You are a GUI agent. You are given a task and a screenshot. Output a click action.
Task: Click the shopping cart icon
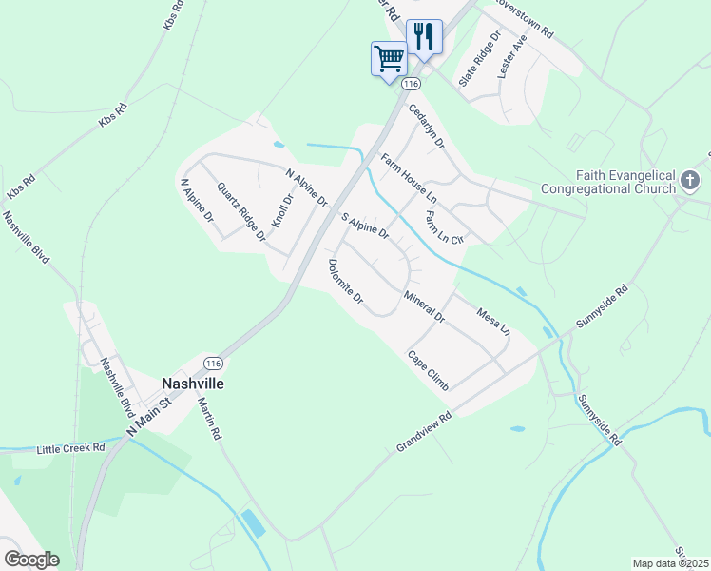click(x=389, y=59)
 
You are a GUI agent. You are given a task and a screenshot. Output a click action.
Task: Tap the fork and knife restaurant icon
click(x=424, y=37)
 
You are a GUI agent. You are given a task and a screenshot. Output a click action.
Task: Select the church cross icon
click(x=690, y=179)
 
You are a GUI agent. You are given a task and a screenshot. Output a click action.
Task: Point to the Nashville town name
click(x=193, y=383)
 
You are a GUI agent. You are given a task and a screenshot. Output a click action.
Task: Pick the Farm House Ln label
click(x=408, y=177)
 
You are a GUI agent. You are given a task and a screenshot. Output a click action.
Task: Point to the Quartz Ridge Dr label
click(x=240, y=211)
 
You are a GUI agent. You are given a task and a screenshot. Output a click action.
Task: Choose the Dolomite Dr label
click(x=346, y=282)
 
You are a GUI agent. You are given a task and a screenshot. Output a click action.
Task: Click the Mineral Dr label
click(x=424, y=305)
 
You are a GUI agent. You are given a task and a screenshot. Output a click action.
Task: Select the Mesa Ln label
click(x=494, y=322)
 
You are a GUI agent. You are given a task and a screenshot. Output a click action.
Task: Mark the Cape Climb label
click(x=428, y=370)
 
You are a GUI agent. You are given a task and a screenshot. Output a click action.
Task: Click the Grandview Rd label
click(x=422, y=431)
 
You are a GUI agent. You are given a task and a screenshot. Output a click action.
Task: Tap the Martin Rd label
click(x=209, y=417)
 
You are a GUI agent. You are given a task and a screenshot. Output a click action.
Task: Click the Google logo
click(x=31, y=560)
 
